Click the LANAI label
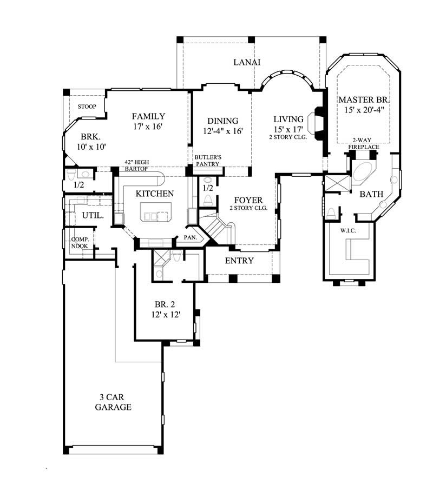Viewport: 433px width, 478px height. click(246, 62)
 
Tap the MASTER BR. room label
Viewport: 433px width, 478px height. click(364, 99)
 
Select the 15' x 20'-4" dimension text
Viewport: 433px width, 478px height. click(364, 110)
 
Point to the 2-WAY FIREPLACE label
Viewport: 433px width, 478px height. click(364, 143)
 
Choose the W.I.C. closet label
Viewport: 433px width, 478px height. click(347, 231)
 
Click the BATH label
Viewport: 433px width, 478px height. click(372, 194)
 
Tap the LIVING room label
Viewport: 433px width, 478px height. click(288, 119)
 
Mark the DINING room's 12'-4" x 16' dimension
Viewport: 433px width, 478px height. click(222, 131)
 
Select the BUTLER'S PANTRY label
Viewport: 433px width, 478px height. click(208, 161)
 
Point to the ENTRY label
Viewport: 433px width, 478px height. click(239, 261)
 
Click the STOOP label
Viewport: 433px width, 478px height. click(87, 107)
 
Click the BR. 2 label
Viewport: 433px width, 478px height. click(166, 304)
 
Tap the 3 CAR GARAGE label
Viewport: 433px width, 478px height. click(113, 402)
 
